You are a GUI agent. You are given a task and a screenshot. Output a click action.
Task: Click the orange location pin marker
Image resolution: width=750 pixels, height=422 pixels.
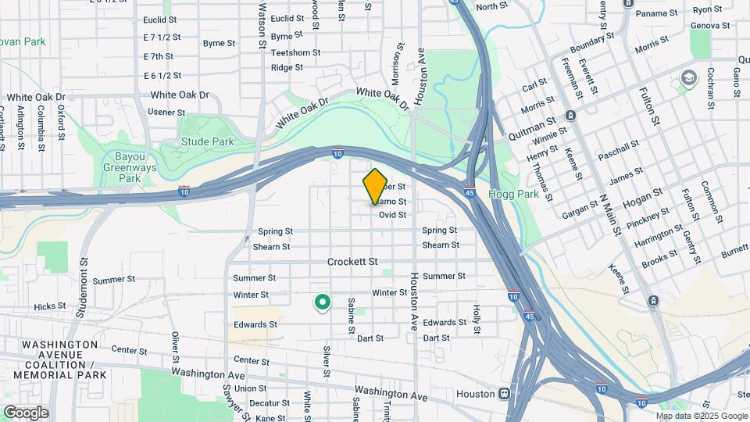click(375, 186)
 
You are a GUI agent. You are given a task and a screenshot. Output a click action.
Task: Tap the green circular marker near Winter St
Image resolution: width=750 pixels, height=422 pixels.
click(321, 302)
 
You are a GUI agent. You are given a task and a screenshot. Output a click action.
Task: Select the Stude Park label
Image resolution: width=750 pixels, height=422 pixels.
click(207, 142)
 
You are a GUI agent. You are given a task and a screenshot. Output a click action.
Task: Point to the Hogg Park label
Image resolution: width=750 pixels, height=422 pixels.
click(514, 194)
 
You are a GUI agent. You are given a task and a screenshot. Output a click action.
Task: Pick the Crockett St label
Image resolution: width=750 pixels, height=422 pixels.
click(352, 262)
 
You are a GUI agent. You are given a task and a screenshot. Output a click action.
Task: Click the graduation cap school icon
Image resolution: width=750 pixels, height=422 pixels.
click(688, 77)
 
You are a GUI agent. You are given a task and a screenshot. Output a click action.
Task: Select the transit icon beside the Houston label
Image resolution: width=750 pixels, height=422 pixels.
click(505, 394)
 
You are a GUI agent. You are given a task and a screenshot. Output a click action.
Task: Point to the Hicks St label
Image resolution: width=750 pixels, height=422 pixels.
click(50, 307)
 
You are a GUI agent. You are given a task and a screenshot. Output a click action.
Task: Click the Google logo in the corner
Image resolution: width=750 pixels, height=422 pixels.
click(26, 413)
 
